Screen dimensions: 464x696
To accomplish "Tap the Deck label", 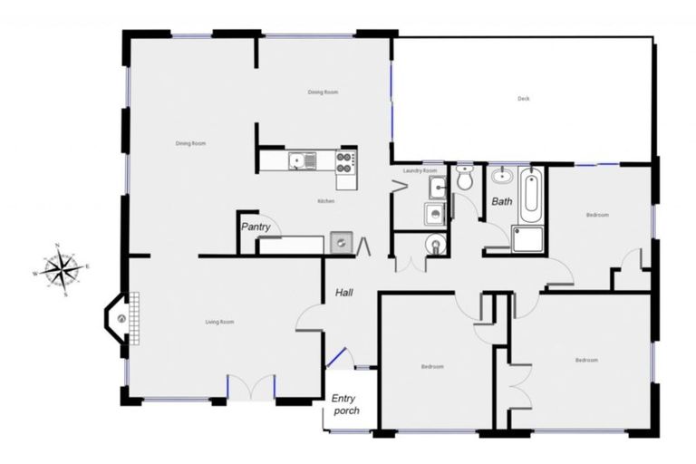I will tap(523, 99).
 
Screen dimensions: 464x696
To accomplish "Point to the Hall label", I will tap(343, 293).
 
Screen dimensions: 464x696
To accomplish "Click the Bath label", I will tap(501, 201).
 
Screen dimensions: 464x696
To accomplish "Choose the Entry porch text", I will tap(345, 404).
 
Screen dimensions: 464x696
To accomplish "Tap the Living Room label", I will tap(219, 322).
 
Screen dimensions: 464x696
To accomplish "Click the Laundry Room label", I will tap(420, 170).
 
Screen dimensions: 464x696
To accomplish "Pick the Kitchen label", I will tap(326, 200).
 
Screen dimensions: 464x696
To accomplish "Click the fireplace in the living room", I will tap(121, 317).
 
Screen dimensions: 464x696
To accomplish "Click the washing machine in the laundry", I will tap(434, 214).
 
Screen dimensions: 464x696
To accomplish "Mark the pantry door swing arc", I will tap(275, 229).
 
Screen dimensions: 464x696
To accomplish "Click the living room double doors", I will tap(250, 387).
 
